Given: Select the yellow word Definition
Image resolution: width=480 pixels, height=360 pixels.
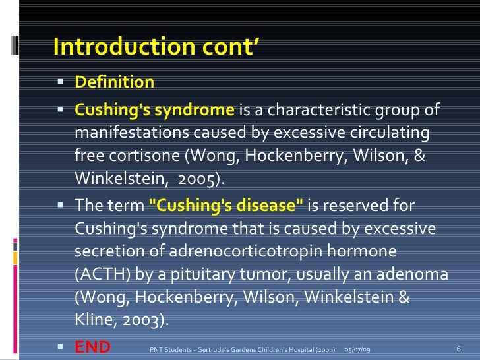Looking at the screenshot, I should point(114,82).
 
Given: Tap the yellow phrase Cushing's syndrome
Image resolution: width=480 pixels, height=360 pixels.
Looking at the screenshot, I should point(154,109).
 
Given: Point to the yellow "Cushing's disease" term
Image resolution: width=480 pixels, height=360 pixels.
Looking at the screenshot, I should point(227,205).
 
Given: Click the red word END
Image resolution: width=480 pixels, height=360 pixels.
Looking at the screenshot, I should point(92,347).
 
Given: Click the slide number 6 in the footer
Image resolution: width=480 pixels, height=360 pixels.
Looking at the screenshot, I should point(458,348).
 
